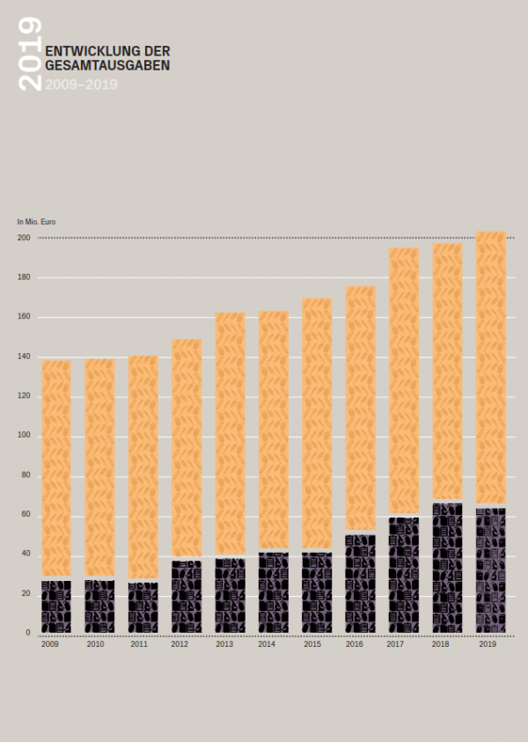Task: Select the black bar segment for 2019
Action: click(491, 570)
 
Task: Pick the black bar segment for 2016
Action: click(360, 584)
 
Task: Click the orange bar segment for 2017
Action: click(404, 381)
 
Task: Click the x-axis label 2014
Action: click(267, 645)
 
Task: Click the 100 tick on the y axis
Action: click(23, 436)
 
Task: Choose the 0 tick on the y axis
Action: click(27, 633)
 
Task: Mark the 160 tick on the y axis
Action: click(23, 317)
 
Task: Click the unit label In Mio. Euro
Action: click(36, 222)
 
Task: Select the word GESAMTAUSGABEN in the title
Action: click(107, 65)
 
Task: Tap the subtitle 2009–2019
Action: click(81, 84)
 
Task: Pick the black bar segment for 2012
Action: click(187, 597)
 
